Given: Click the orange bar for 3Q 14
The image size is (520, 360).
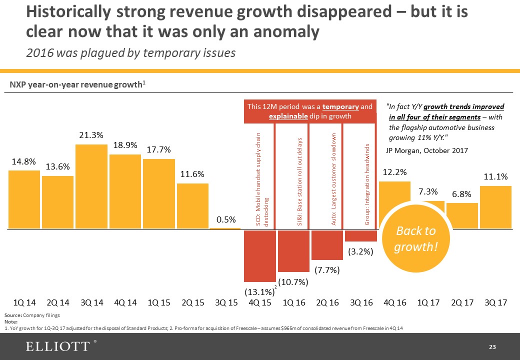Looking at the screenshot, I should pyautogui.click(x=91, y=186).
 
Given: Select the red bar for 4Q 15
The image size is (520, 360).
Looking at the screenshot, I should pyautogui.click(x=260, y=255).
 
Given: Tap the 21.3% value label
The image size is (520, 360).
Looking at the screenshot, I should pyautogui.click(x=91, y=135).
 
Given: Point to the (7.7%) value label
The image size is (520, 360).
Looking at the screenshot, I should pyautogui.click(x=327, y=270).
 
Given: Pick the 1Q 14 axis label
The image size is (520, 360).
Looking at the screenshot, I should pyautogui.click(x=24, y=303).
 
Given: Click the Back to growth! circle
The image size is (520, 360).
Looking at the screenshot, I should pyautogui.click(x=416, y=239).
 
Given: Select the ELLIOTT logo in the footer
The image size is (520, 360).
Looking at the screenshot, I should pyautogui.click(x=57, y=346).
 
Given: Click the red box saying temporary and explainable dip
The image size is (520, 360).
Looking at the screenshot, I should pyautogui.click(x=310, y=111).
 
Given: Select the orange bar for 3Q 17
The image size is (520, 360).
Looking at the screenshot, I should pyautogui.click(x=495, y=207).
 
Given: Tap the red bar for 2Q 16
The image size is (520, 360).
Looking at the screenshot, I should pyautogui.click(x=327, y=245).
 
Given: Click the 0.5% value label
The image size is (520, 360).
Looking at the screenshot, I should pyautogui.click(x=226, y=220).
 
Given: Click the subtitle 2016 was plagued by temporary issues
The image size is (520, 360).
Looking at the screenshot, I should pyautogui.click(x=130, y=52).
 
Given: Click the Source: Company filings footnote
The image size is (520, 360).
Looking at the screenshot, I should pyautogui.click(x=32, y=316).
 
